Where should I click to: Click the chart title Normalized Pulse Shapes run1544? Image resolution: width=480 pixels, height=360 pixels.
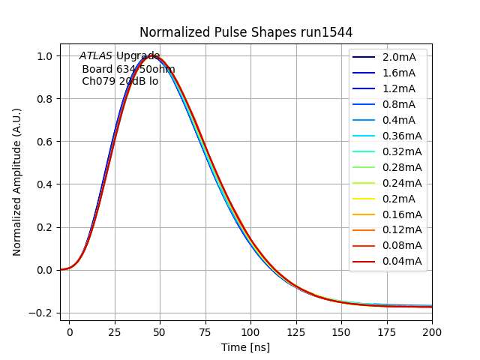click(x=246, y=32)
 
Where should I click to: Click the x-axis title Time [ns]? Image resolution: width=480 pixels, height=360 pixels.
click(x=245, y=347)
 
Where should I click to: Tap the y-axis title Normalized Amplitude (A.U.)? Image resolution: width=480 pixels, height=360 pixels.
click(x=17, y=181)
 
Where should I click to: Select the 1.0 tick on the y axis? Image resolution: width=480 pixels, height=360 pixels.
click(x=46, y=56)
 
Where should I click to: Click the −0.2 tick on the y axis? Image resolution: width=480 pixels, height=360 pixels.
click(x=43, y=313)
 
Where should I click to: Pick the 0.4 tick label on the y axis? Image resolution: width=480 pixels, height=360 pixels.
click(x=46, y=184)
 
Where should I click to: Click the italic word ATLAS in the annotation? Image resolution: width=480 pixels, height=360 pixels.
click(x=96, y=56)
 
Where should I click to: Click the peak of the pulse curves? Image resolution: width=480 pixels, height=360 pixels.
click(x=153, y=56)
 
